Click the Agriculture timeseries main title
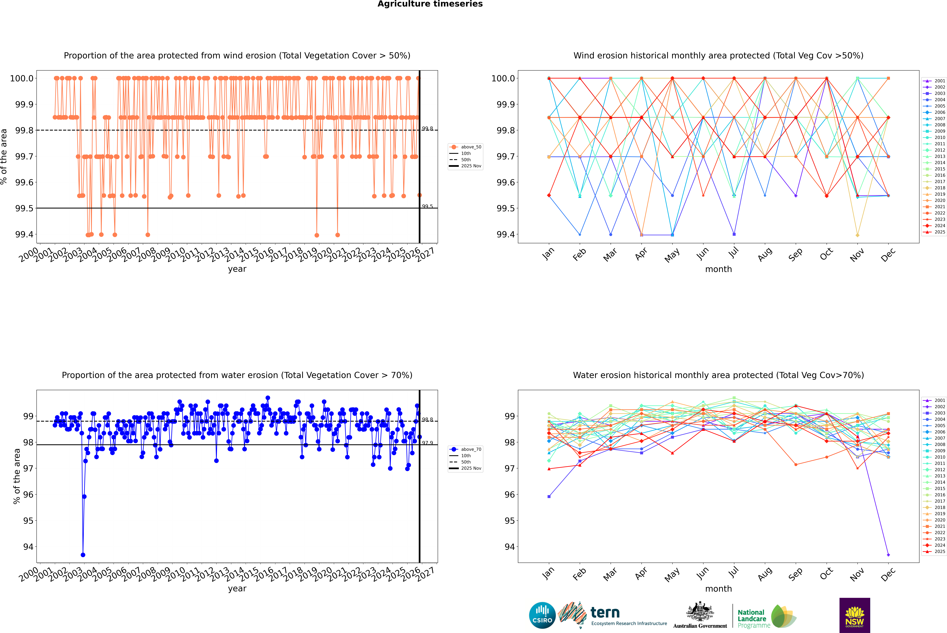pos(430,4)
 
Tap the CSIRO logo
pos(542,615)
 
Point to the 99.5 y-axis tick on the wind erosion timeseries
pos(24,208)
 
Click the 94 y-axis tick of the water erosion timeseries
pos(28,547)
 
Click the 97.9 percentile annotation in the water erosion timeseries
pos(427,443)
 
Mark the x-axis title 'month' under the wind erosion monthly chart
pos(718,269)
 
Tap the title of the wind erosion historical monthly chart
pos(718,56)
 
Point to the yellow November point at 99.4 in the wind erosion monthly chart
pos(857,235)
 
